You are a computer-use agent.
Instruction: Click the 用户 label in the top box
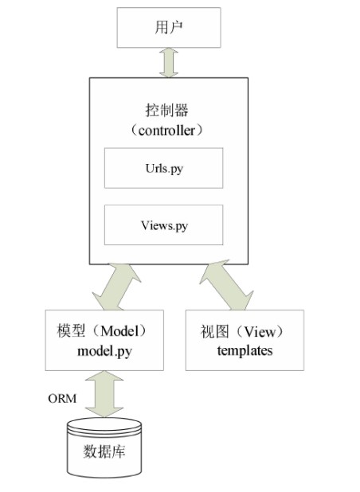pyautogui.click(x=169, y=27)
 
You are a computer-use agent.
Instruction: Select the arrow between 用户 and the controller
pyautogui.click(x=169, y=62)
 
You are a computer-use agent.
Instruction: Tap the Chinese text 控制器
pyautogui.click(x=166, y=111)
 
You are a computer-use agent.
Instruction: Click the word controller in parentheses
pyautogui.click(x=166, y=131)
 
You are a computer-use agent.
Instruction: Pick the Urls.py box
pyautogui.click(x=163, y=168)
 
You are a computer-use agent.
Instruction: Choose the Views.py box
pyautogui.click(x=163, y=225)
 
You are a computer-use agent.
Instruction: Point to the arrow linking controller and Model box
pyautogui.click(x=116, y=287)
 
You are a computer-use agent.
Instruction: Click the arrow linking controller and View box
pyautogui.click(x=226, y=285)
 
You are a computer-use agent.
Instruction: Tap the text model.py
pyautogui.click(x=104, y=351)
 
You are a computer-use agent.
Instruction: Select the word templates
pyautogui.click(x=245, y=351)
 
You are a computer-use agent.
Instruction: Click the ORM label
pyautogui.click(x=62, y=399)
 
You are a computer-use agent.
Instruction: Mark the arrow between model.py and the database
pyautogui.click(x=104, y=394)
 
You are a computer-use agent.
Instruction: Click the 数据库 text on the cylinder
pyautogui.click(x=104, y=451)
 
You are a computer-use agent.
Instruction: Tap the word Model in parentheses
pyautogui.click(x=119, y=331)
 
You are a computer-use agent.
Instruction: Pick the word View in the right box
pyautogui.click(x=260, y=332)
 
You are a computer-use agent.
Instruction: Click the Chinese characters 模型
pyautogui.click(x=71, y=330)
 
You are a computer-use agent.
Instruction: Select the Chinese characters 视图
pyautogui.click(x=215, y=332)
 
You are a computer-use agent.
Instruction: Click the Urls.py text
pyautogui.click(x=164, y=169)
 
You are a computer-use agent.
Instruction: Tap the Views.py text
pyautogui.click(x=164, y=226)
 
